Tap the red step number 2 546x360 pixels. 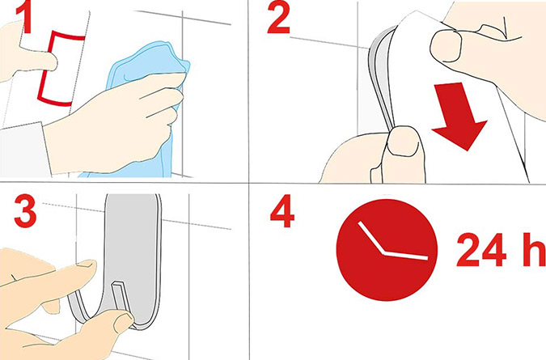point(278,19)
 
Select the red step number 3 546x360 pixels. point(25,211)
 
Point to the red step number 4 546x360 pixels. point(282,212)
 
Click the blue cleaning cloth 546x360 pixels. point(146,104)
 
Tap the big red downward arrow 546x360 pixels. point(458,116)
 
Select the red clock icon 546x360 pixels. point(387,250)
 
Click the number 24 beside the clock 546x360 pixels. point(480,250)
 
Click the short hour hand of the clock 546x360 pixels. point(371,238)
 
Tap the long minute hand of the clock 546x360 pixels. point(406,255)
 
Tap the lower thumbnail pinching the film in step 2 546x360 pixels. point(403,142)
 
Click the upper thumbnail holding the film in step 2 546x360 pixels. point(446,45)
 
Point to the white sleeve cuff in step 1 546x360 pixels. point(23,150)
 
